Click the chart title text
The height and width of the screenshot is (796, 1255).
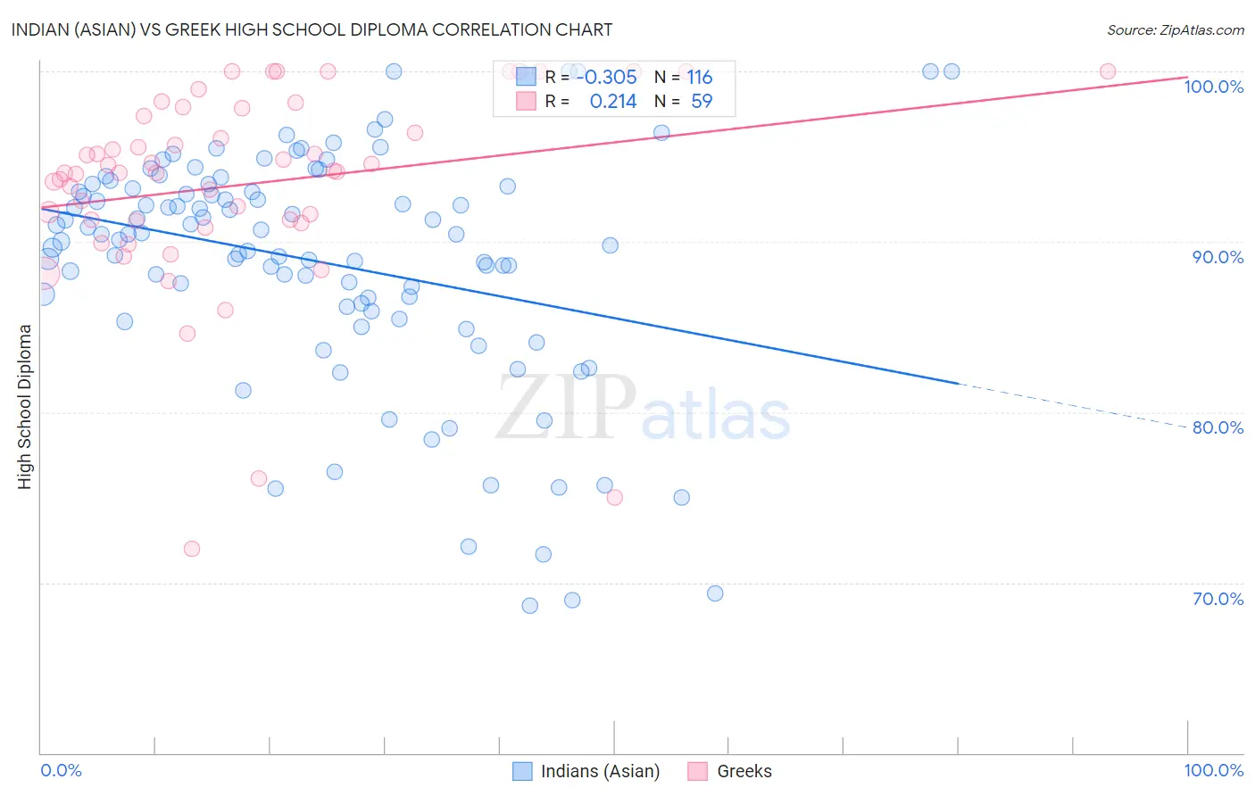312,29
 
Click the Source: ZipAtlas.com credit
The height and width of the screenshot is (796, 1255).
1175,30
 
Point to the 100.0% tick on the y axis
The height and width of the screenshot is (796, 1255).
1213,87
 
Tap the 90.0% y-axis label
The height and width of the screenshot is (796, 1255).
1218,257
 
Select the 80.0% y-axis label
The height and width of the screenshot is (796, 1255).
1218,427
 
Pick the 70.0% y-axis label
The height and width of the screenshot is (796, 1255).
1218,599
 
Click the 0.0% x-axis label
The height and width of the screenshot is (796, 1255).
61,770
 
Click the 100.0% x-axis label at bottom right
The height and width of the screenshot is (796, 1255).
1213,770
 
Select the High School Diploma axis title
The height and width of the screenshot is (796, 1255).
25,406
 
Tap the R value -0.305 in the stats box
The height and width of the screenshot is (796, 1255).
607,78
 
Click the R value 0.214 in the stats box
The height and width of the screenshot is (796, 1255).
613,102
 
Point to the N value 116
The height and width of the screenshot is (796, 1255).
700,78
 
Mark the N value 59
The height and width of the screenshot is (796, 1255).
702,102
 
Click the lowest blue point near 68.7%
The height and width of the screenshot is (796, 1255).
529,606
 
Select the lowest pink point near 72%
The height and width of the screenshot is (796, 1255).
192,549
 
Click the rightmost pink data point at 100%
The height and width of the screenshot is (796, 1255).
1108,71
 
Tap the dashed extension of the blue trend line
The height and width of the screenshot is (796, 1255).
1071,406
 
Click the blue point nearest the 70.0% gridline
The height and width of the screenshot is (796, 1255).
715,593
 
